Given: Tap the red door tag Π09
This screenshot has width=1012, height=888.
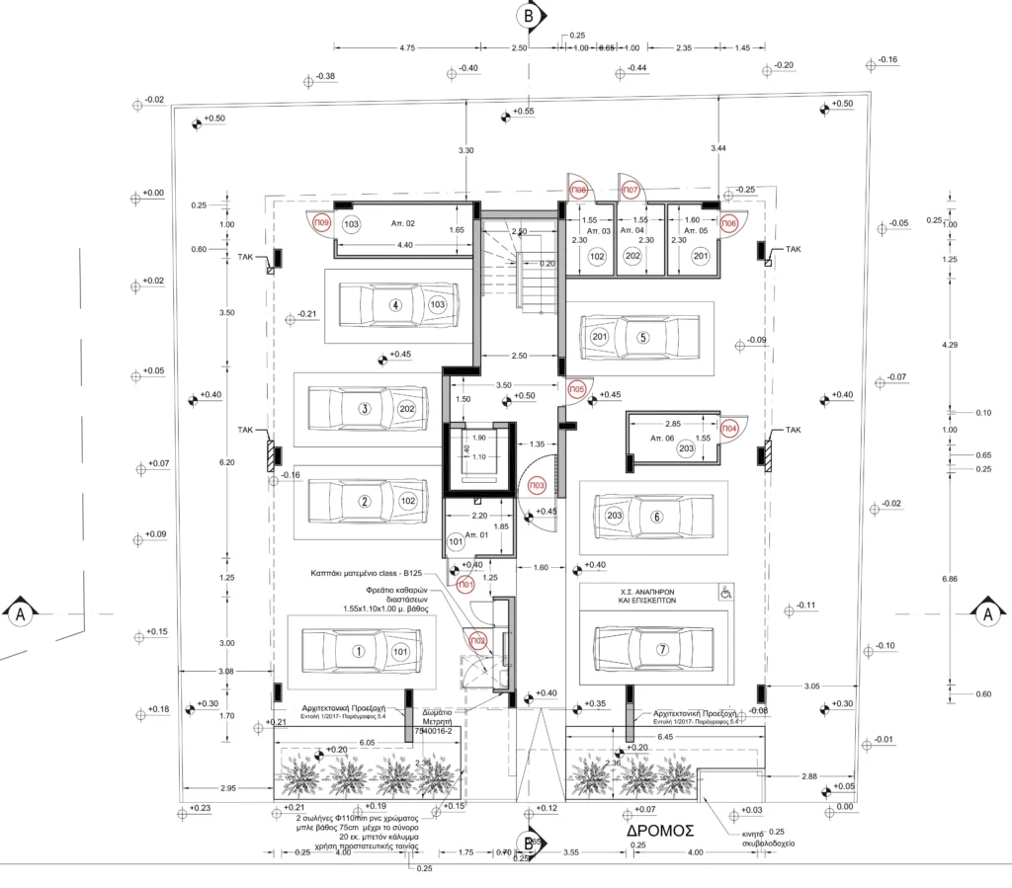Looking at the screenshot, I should point(322,224).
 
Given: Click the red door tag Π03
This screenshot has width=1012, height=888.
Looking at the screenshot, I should point(538,486).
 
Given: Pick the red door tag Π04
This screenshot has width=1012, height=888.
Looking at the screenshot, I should point(729,428).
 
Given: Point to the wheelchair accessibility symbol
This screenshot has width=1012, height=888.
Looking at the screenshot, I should point(724,593).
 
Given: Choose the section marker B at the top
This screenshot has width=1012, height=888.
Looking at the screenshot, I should point(530,16).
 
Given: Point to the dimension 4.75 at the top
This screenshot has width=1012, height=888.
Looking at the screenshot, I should point(406,47).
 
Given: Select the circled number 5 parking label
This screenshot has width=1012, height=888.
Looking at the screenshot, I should point(643,337).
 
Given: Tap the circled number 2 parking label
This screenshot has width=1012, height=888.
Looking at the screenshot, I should point(365,501).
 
